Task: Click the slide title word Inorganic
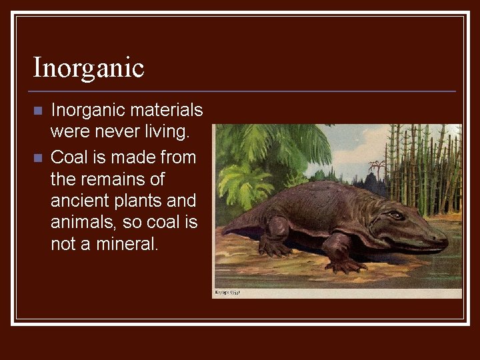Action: (89, 68)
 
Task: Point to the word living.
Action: (167, 132)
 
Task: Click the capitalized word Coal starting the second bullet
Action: (67, 158)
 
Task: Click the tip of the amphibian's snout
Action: (445, 237)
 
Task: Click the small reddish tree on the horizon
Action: (377, 167)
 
